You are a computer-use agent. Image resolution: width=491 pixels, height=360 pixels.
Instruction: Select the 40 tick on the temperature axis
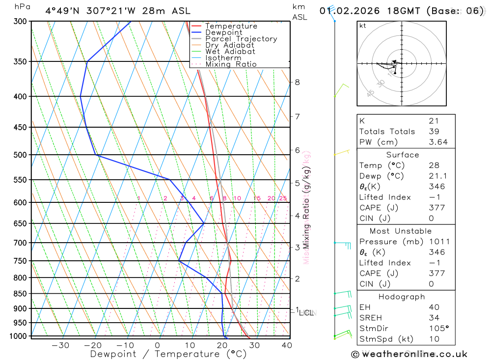(287, 345)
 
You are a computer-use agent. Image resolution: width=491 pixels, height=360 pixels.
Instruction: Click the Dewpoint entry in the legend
(223, 32)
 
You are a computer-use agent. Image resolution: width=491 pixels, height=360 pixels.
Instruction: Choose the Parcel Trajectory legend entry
(241, 39)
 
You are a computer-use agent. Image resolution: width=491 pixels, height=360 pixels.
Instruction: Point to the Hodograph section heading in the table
(402, 297)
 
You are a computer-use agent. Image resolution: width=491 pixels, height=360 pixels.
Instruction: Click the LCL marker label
(306, 312)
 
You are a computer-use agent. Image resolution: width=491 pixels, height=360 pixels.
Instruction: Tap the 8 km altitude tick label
(297, 82)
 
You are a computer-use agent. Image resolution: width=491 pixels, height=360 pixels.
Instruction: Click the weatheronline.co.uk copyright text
(409, 354)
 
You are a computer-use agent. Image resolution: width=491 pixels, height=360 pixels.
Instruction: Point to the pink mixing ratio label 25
(283, 198)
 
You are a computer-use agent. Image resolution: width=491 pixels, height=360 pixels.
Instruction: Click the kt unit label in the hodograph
(363, 26)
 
